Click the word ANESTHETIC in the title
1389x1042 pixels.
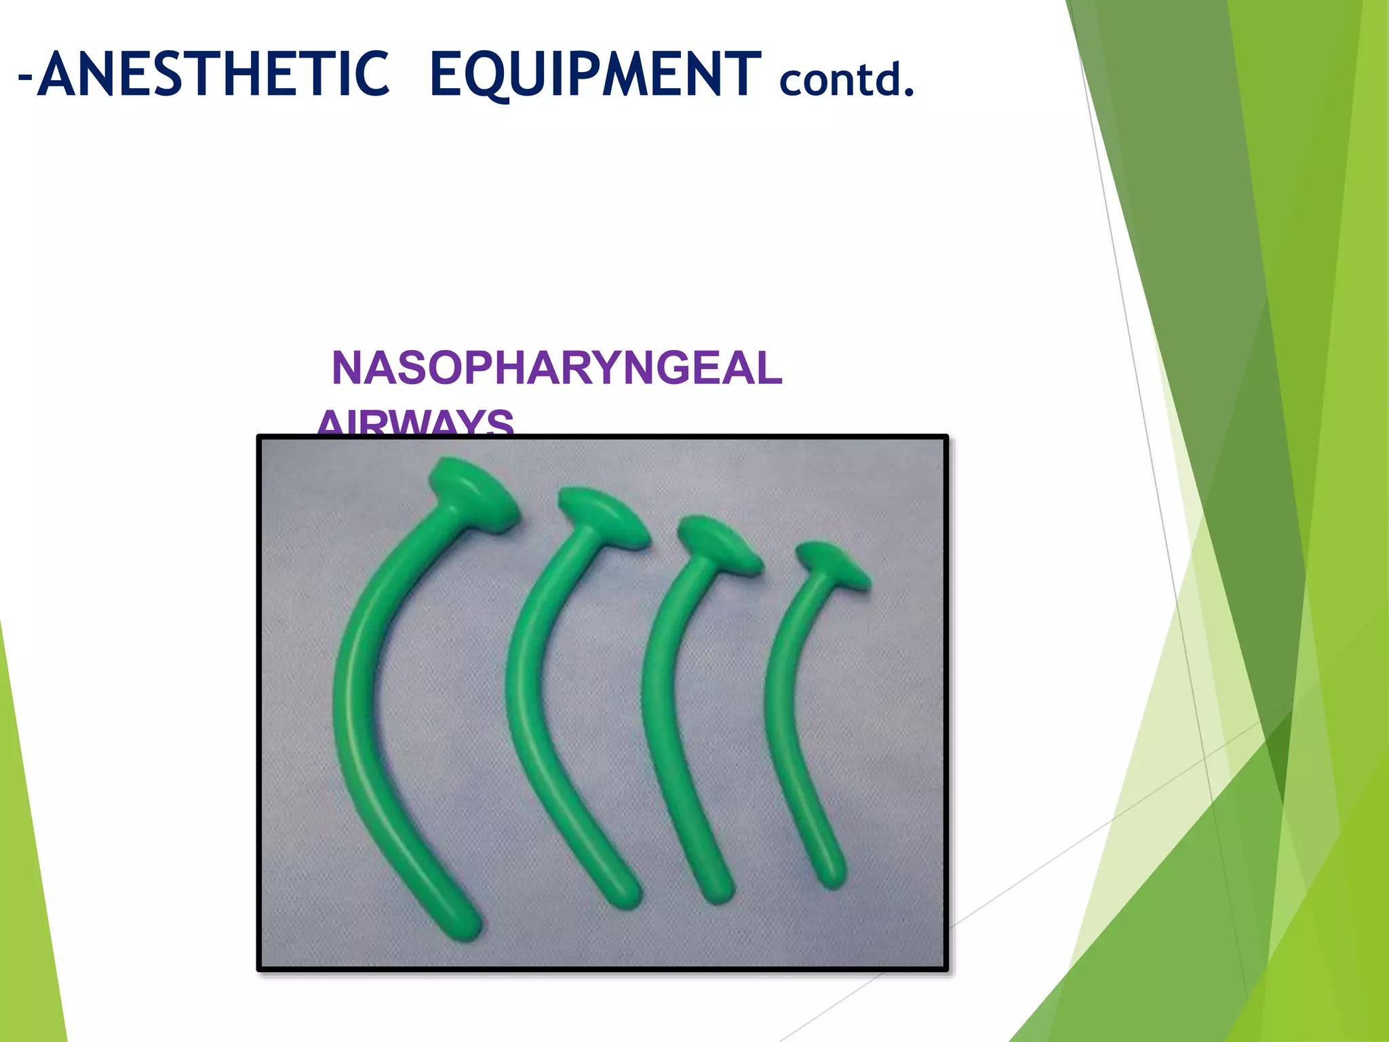point(213,75)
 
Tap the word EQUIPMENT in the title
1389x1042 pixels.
point(595,75)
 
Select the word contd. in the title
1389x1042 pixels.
point(847,80)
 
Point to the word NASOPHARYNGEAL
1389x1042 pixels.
point(557,368)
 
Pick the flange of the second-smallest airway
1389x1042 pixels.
point(720,543)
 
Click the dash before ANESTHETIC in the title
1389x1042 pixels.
point(25,76)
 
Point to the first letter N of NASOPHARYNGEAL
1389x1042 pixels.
point(348,368)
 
